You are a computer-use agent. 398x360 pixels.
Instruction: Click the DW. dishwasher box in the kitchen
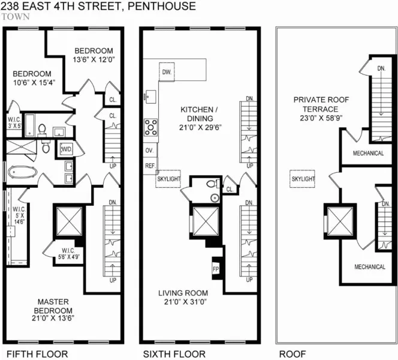coord(167,73)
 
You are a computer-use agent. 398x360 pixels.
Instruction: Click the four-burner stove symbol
coord(150,127)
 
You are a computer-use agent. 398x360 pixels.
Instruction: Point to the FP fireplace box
coord(216,268)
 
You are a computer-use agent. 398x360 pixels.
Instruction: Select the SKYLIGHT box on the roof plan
coord(302,179)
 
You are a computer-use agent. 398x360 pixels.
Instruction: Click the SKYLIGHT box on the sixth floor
coord(168,179)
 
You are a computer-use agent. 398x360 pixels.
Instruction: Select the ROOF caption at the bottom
coord(291,353)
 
